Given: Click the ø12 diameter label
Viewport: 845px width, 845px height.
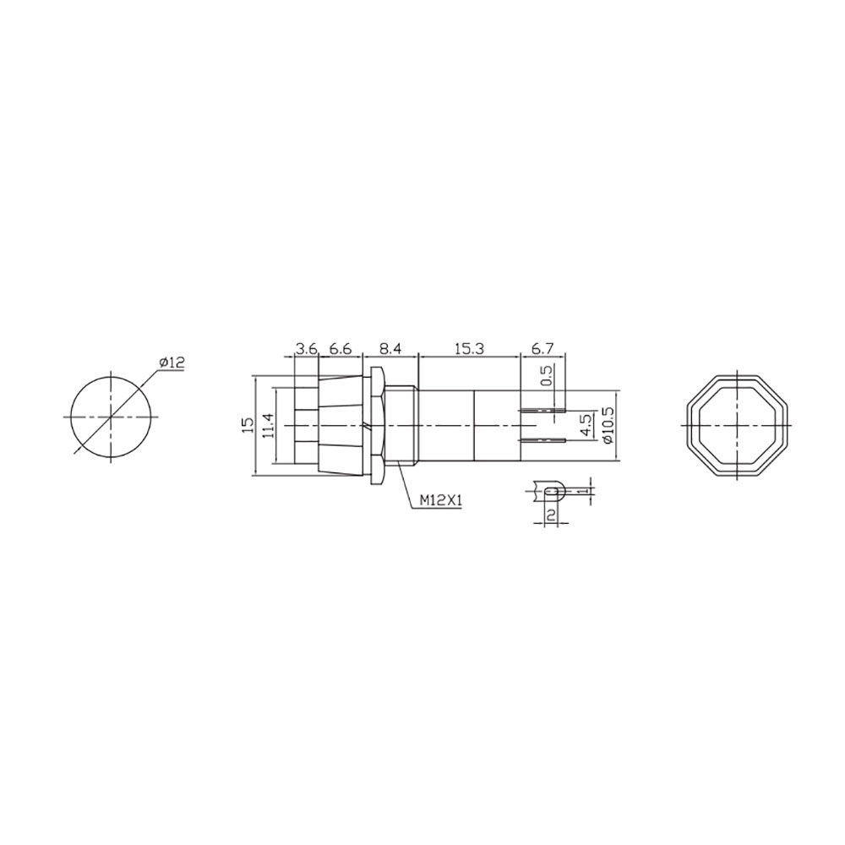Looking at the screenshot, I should pyautogui.click(x=172, y=363).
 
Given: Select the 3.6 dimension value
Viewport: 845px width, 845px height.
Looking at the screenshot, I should pyautogui.click(x=305, y=348).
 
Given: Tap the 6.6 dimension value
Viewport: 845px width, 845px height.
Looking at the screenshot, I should pyautogui.click(x=340, y=348).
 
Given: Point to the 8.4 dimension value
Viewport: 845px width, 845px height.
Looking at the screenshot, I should pyautogui.click(x=390, y=348).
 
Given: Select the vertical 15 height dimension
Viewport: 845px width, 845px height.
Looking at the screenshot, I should pyautogui.click(x=246, y=425).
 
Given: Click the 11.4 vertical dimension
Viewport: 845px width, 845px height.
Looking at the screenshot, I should pyautogui.click(x=267, y=425).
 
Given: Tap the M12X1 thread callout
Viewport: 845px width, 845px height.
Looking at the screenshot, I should pyautogui.click(x=440, y=501).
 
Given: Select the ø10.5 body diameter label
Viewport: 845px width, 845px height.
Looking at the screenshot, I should pyautogui.click(x=606, y=425).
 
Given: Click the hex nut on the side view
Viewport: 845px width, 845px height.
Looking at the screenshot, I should pyautogui.click(x=376, y=424).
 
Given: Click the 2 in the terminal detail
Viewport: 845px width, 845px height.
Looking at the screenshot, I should pyautogui.click(x=551, y=515).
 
